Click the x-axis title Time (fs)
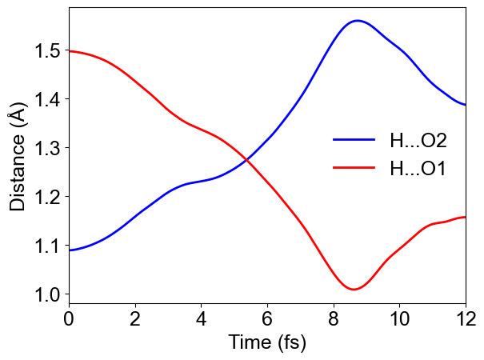coord(267,343)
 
